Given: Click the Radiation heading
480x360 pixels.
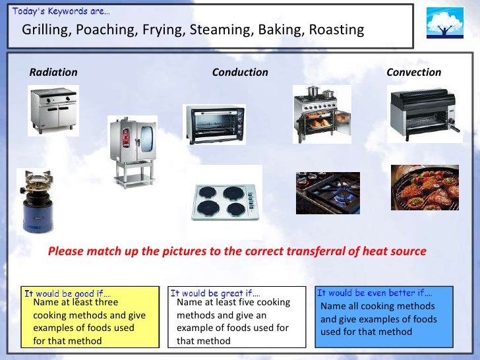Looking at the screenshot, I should (53, 73).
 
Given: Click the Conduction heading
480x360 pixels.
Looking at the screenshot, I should (240, 73).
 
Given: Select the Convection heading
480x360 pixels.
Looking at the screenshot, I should (413, 73).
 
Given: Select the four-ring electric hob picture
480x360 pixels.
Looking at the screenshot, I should (224, 202).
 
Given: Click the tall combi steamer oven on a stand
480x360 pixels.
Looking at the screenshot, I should (133, 150).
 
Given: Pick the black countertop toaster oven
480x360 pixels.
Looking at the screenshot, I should (212, 123).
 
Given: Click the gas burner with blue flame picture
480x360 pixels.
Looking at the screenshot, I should (328, 193).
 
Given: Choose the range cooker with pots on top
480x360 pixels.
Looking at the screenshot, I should (321, 113).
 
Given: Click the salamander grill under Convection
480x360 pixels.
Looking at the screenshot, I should (421, 116).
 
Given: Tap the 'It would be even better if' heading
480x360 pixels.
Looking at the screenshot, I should (375, 293).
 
